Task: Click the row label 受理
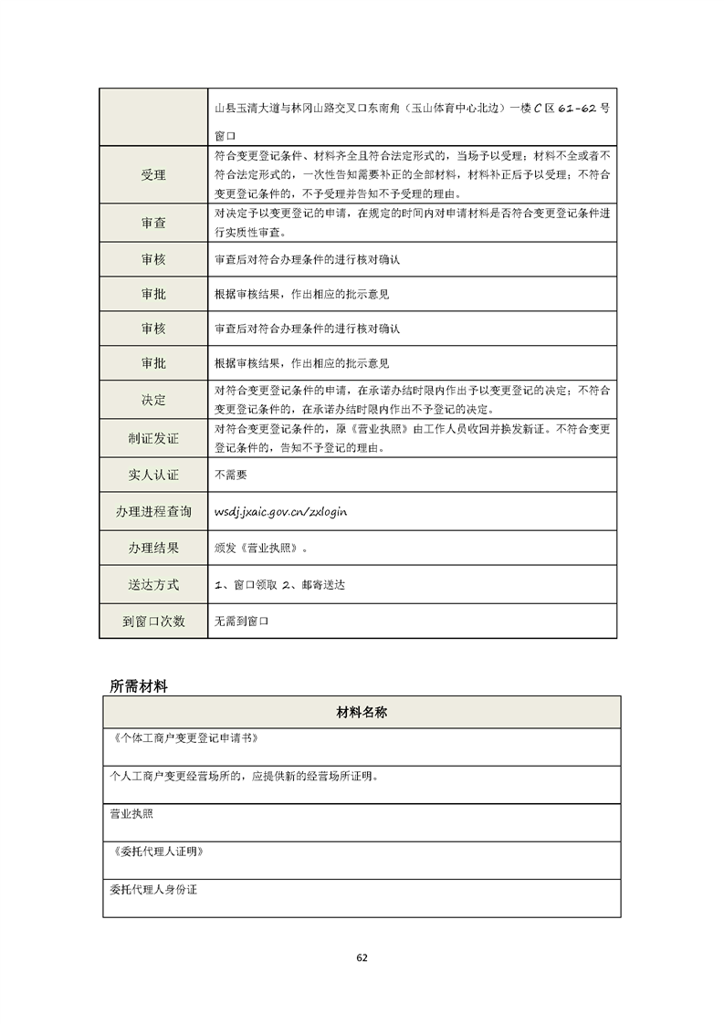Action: [153, 175]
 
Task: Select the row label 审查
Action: [153, 223]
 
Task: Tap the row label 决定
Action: [153, 400]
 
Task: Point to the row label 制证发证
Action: [153, 438]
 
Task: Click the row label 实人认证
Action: [153, 475]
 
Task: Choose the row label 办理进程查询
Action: [153, 512]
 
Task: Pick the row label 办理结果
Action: [153, 549]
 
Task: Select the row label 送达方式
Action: [153, 584]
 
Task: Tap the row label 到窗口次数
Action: [153, 621]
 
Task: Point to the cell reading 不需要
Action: [230, 475]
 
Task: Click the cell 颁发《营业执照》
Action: [260, 549]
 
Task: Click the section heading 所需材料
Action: [138, 685]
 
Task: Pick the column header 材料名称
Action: [362, 712]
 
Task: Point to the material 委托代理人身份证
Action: [153, 888]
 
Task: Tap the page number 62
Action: [362, 957]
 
